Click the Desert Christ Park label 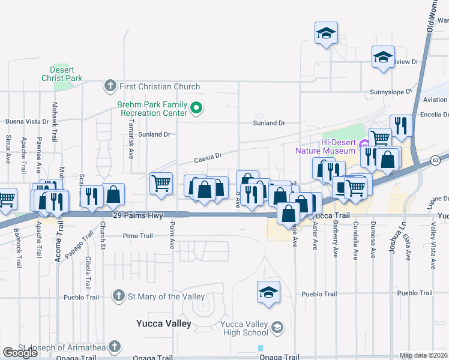point(62,74)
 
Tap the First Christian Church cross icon point(110,87)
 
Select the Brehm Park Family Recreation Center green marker point(196,109)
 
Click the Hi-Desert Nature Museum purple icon point(363,145)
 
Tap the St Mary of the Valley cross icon point(119,296)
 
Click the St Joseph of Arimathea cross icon point(115,347)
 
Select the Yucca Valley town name point(162,324)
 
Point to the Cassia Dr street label point(208,158)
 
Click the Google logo point(20,353)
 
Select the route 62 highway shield point(436,161)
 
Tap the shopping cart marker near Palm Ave point(161,184)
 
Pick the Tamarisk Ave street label point(131,145)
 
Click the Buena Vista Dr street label point(26,121)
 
